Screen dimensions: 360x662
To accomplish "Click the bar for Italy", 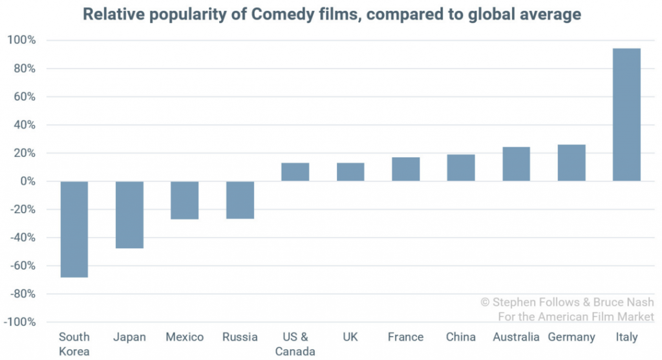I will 626,114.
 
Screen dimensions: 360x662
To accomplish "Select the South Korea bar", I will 74,229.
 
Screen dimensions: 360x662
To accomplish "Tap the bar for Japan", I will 129,215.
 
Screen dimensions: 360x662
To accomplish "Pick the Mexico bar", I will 184,200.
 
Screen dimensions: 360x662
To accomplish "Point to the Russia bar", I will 240,200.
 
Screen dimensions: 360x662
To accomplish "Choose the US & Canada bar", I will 295,172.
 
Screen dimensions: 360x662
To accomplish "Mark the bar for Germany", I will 571,163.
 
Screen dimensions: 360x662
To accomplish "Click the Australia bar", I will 516,164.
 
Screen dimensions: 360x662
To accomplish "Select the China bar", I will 461,168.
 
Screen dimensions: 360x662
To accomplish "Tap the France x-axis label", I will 405,337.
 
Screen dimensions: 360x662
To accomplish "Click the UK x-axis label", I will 350,337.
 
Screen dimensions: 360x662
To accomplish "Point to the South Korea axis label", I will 74,344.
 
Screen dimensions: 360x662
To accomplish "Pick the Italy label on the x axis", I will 626,337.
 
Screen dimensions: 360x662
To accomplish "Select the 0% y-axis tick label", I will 27,182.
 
